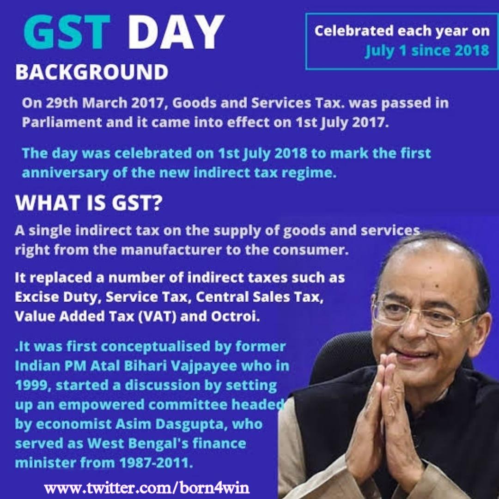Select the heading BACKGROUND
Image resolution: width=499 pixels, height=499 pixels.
click(91, 73)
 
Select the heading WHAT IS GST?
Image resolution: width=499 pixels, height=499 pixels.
click(88, 204)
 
